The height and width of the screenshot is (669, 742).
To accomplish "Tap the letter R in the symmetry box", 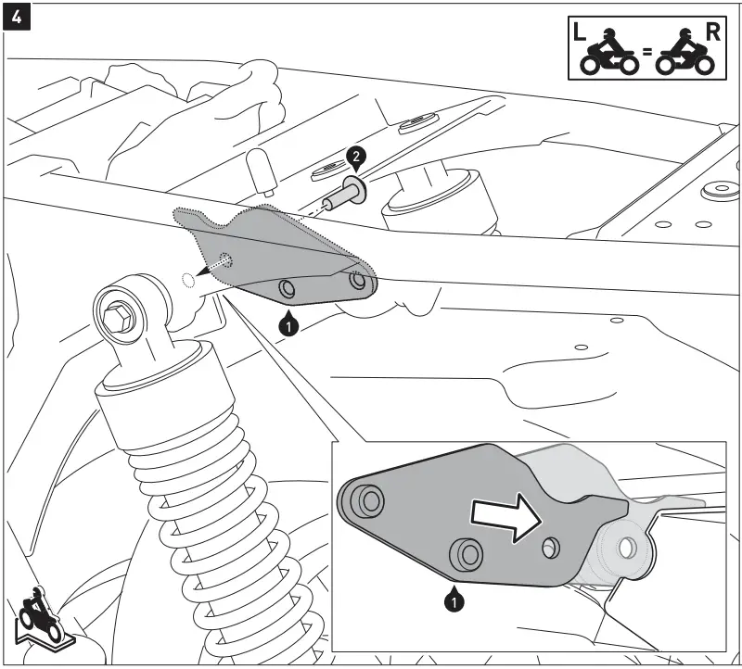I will point(712,32).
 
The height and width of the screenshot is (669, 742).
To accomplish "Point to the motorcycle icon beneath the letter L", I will point(608,56).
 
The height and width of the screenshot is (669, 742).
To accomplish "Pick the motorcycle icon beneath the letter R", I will point(685,56).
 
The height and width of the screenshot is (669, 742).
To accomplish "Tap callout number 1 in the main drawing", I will point(289,324).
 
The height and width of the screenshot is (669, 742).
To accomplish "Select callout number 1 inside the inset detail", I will point(453,602).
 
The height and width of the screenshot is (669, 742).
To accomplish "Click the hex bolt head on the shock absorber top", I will point(120,315).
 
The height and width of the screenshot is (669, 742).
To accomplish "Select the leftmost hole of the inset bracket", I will point(371,501).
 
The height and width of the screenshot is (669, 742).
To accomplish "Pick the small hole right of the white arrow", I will point(553,547).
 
